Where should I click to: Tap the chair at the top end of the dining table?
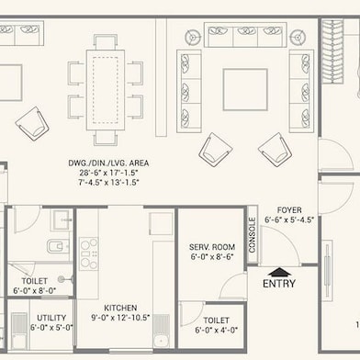pyautogui.click(x=107, y=41)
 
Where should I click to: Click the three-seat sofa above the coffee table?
pyautogui.click(x=245, y=37)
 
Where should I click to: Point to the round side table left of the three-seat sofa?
pyautogui.click(x=195, y=38)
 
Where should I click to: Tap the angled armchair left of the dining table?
pyautogui.click(x=32, y=122)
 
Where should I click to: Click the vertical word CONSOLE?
pyautogui.click(x=253, y=235)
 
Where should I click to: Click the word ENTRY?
pyautogui.click(x=279, y=285)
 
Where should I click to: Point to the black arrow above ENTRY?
pyautogui.click(x=279, y=271)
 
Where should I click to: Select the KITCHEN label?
pyautogui.click(x=121, y=308)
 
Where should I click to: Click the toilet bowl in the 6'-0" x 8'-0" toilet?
pyautogui.click(x=54, y=247)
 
